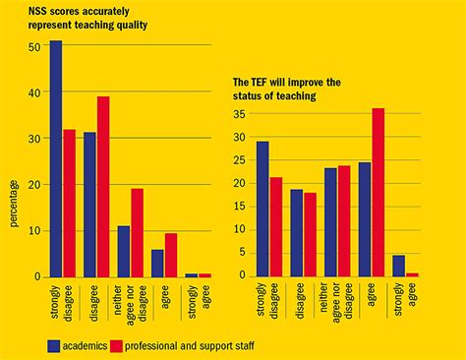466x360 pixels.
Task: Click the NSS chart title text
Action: point(87,19)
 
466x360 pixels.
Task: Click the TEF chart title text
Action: point(287,89)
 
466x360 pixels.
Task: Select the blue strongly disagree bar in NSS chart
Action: point(55,158)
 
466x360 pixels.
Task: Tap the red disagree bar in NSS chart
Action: point(103,186)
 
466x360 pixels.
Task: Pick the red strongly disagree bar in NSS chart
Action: point(69,203)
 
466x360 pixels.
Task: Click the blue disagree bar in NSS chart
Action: point(89,204)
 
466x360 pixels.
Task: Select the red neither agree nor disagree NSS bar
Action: point(138,232)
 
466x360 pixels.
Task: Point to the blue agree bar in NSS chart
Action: point(157,263)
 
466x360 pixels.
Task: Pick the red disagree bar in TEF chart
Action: point(311,234)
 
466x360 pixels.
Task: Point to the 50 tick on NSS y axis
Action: point(34,46)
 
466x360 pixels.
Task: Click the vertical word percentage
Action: point(15,203)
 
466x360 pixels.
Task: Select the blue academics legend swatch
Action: point(55,345)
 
